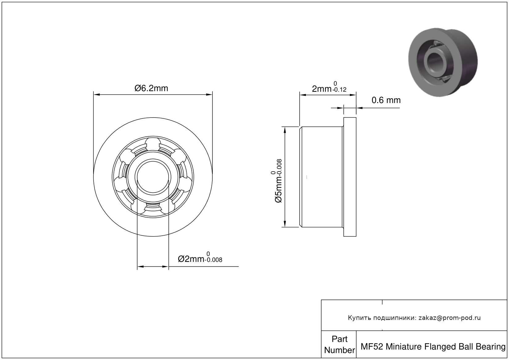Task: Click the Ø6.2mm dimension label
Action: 151,88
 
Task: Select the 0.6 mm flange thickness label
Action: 386,100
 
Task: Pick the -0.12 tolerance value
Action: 340,90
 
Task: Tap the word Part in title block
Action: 340,339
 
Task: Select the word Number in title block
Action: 340,350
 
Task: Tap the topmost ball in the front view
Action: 153,144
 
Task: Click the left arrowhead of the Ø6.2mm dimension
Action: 96,94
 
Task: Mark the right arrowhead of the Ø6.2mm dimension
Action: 210,94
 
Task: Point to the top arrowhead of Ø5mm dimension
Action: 285,130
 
